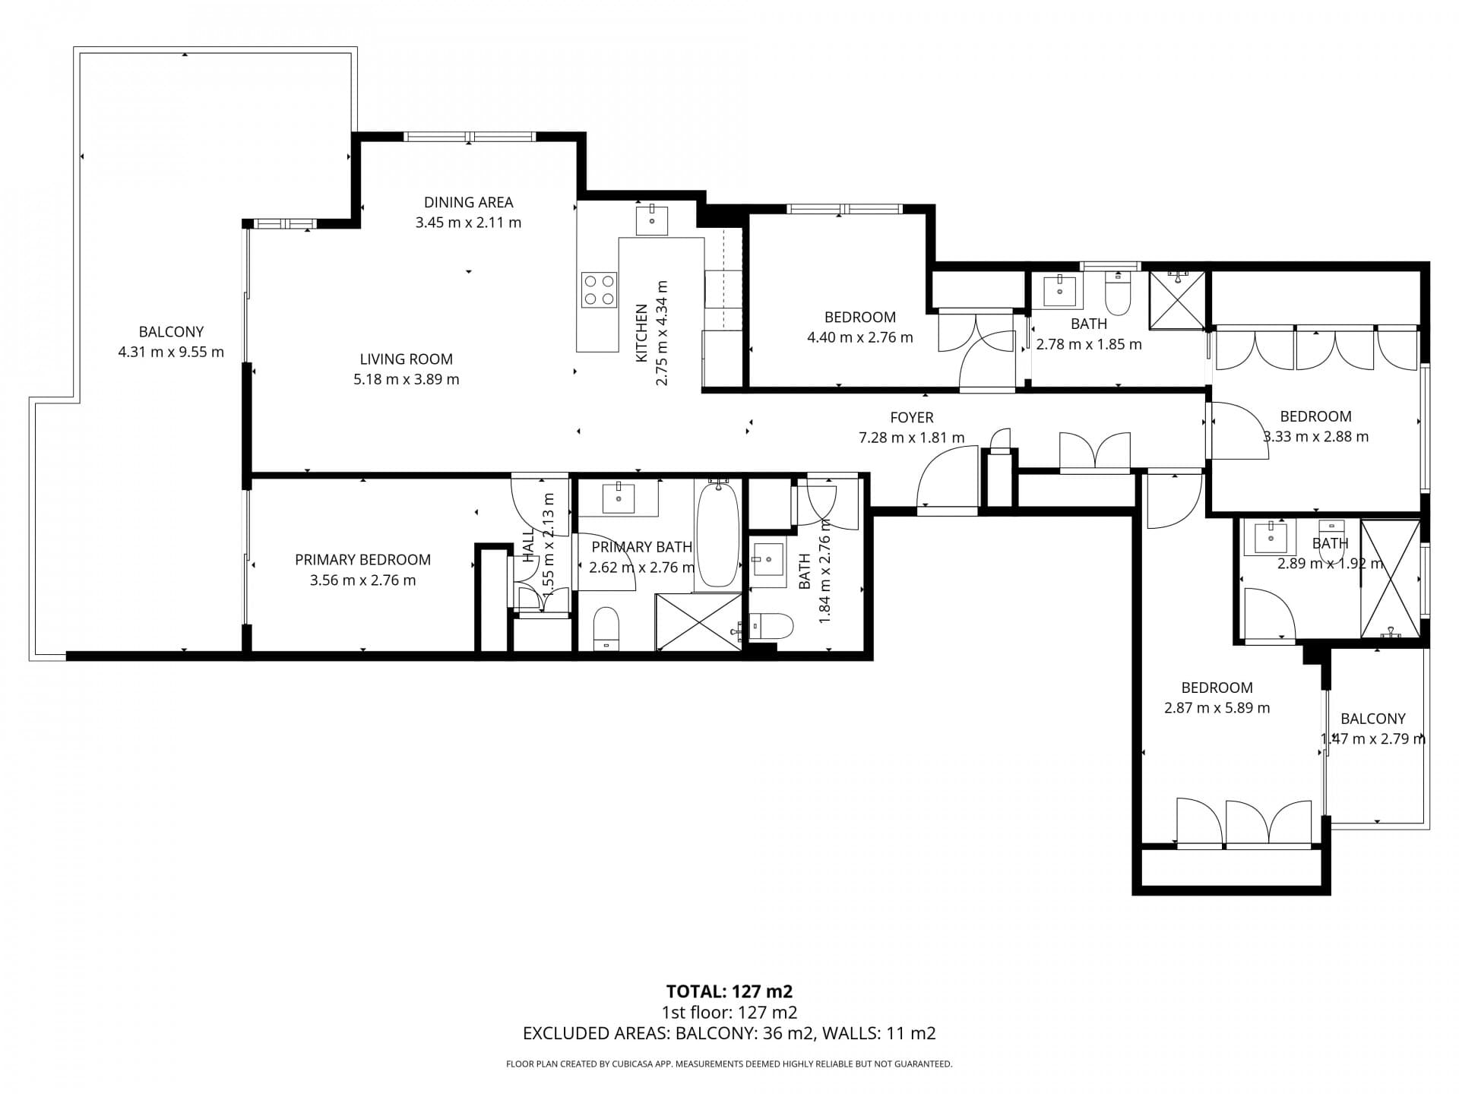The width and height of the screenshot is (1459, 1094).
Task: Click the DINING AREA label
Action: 468,202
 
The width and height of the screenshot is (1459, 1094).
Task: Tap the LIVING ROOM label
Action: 406,359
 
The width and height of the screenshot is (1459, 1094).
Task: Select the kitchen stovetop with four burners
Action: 599,289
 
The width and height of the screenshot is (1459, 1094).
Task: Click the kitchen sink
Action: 652,220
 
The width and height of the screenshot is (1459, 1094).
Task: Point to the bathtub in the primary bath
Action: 717,536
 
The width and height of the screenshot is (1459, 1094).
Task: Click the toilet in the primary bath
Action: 606,629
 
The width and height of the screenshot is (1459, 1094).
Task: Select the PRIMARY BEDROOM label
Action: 362,560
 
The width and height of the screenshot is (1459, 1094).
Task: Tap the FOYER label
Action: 912,417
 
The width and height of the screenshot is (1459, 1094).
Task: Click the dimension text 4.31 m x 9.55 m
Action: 171,352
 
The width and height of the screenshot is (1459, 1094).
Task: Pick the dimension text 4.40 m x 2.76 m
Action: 860,337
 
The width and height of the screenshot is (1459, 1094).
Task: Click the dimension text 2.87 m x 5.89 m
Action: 1217,708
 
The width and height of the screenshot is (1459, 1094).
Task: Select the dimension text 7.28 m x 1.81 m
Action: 912,438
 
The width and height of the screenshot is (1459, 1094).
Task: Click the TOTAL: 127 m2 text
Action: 729,991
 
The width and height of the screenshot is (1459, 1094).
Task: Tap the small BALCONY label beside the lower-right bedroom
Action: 1373,719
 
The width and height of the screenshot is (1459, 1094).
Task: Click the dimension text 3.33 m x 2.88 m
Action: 1315,437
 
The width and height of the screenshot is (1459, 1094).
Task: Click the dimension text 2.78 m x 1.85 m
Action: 1089,344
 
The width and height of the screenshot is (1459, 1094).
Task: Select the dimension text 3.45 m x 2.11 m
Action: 468,223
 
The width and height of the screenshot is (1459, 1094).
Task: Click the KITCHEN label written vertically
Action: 642,333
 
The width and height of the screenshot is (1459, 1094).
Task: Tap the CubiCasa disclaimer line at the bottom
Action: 729,1064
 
